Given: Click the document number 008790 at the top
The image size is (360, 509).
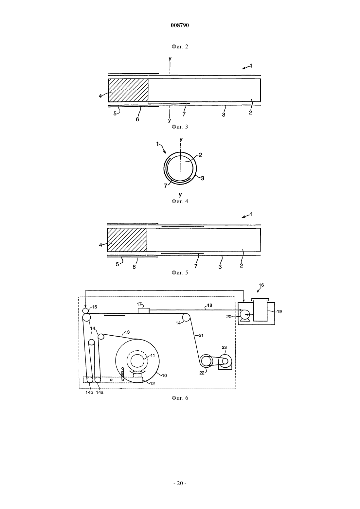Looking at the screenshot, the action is point(180,25).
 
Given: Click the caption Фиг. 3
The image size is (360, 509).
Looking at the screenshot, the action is point(180,127).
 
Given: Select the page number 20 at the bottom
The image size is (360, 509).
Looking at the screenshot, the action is point(180,483).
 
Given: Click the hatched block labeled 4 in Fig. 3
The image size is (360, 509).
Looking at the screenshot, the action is point(128,90).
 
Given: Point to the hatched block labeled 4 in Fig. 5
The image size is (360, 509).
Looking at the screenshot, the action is point(127,240).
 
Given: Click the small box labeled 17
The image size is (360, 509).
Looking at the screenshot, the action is point(144,311).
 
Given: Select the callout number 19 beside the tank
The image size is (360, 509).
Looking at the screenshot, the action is point(279,311).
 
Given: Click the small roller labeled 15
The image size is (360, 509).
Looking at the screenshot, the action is point(85,311).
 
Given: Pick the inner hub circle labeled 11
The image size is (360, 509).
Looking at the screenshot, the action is point(137,360).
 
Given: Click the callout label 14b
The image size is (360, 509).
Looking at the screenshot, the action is point(89,393).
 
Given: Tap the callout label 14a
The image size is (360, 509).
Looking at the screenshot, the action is point(99,393).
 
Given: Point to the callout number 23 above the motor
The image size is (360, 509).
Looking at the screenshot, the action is point(224,347).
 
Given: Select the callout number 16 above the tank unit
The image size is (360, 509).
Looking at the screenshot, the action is point(261,285).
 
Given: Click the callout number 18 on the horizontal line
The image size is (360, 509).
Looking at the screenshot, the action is point(209,305).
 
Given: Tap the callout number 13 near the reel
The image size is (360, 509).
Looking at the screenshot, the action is point(127,332).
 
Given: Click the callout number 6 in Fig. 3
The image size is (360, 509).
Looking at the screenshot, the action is point(137,119).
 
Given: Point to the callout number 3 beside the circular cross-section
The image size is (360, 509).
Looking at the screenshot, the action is point(202,178).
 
